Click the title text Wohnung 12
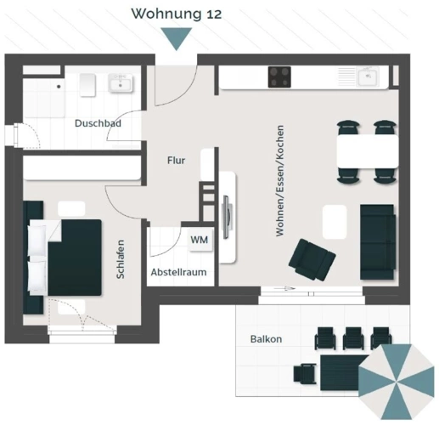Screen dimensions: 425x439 point(177,14)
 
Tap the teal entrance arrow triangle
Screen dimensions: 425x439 point(177,39)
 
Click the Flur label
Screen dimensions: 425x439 point(176,159)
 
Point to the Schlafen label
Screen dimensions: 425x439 point(122,258)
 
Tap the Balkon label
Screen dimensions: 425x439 point(266,339)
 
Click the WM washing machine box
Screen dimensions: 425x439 point(199,241)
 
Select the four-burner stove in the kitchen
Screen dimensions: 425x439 point(281,77)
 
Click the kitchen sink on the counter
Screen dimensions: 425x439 point(368,76)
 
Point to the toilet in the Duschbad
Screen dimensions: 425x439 point(87,83)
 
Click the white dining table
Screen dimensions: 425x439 point(367,152)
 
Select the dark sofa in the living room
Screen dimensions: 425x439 point(378,241)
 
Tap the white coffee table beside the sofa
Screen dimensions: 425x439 point(335,222)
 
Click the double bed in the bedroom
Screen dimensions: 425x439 point(66,257)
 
